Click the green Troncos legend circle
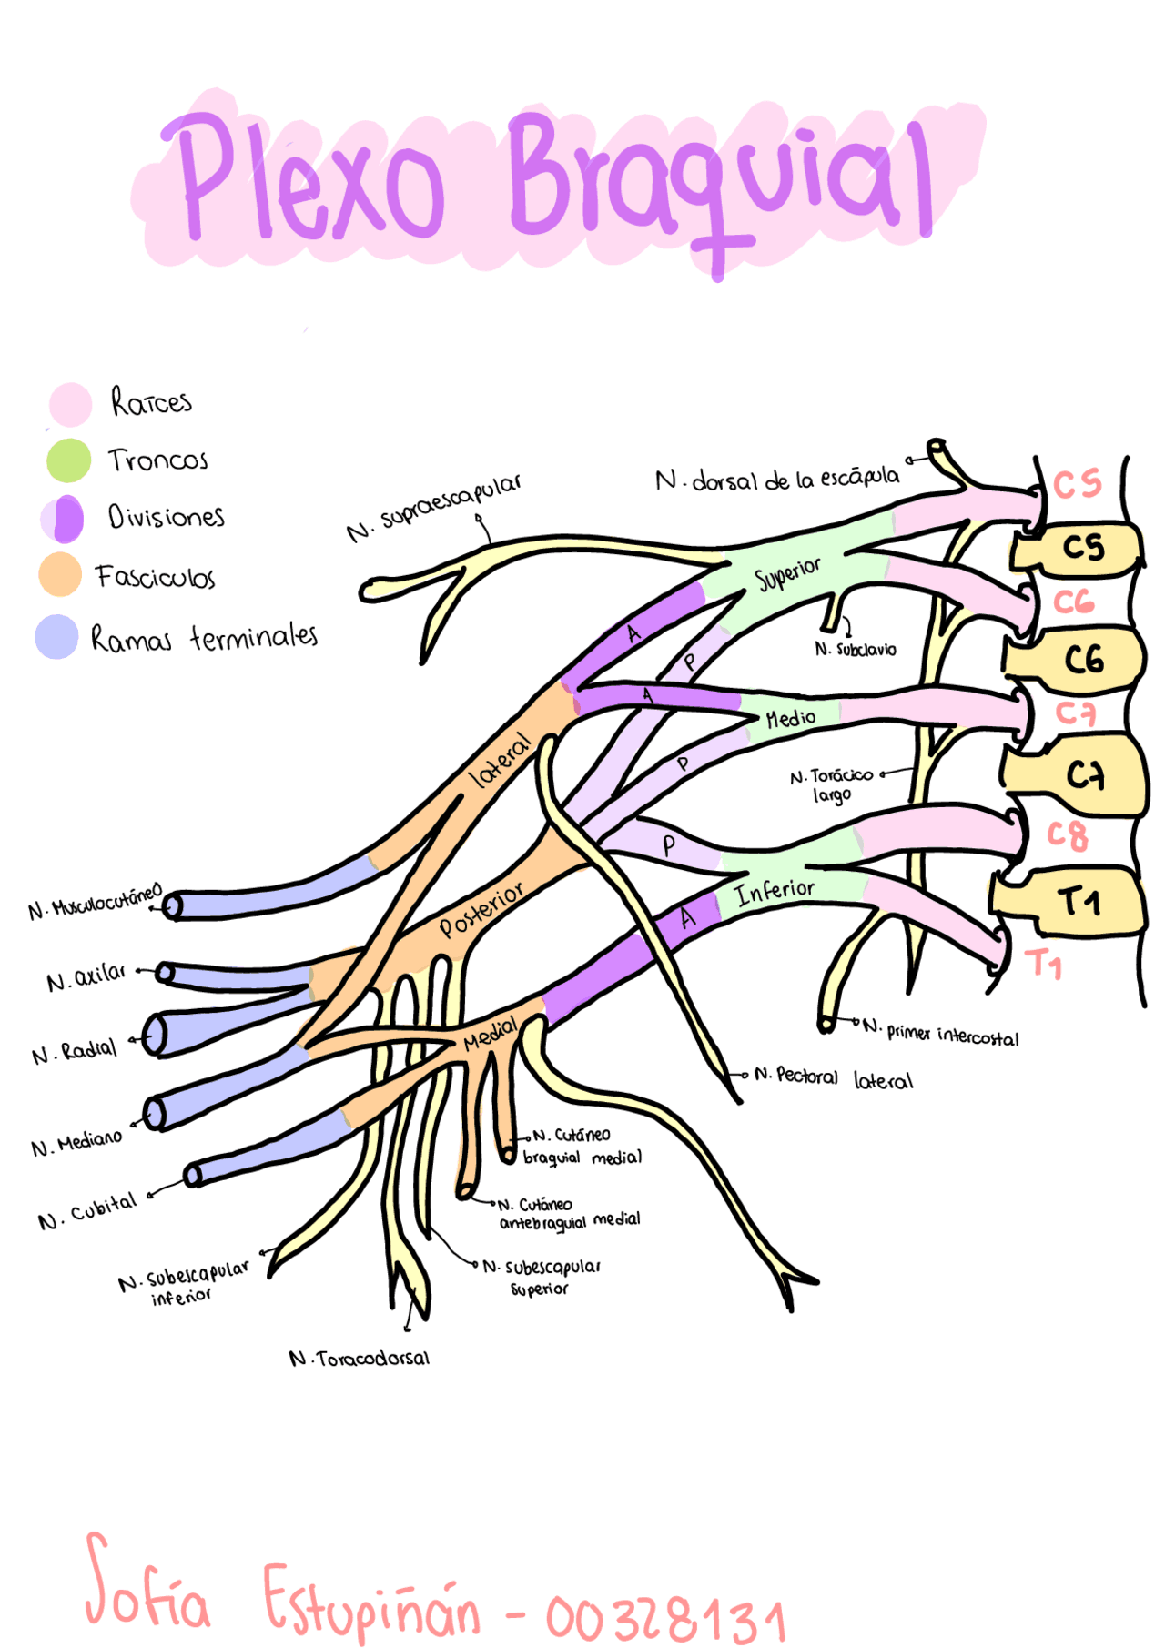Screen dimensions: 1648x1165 coord(68,460)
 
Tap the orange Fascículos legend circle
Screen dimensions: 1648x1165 coord(60,574)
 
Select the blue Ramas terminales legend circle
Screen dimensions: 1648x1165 coord(56,636)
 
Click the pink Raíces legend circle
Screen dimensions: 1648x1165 coord(70,404)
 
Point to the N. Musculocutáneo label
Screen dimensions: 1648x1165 coord(95,901)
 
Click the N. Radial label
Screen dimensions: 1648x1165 coord(75,1052)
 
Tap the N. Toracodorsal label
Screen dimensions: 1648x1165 coord(359,1359)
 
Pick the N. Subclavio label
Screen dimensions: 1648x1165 coord(855,650)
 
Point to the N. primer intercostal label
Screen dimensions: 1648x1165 coord(941,1033)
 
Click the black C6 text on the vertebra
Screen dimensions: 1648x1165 coord(1084,660)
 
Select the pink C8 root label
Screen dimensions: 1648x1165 coord(1067,835)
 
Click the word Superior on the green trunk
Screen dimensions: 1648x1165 coord(787,573)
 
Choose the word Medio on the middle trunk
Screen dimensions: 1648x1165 coord(790,719)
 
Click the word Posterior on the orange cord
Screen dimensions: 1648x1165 coord(481,909)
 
